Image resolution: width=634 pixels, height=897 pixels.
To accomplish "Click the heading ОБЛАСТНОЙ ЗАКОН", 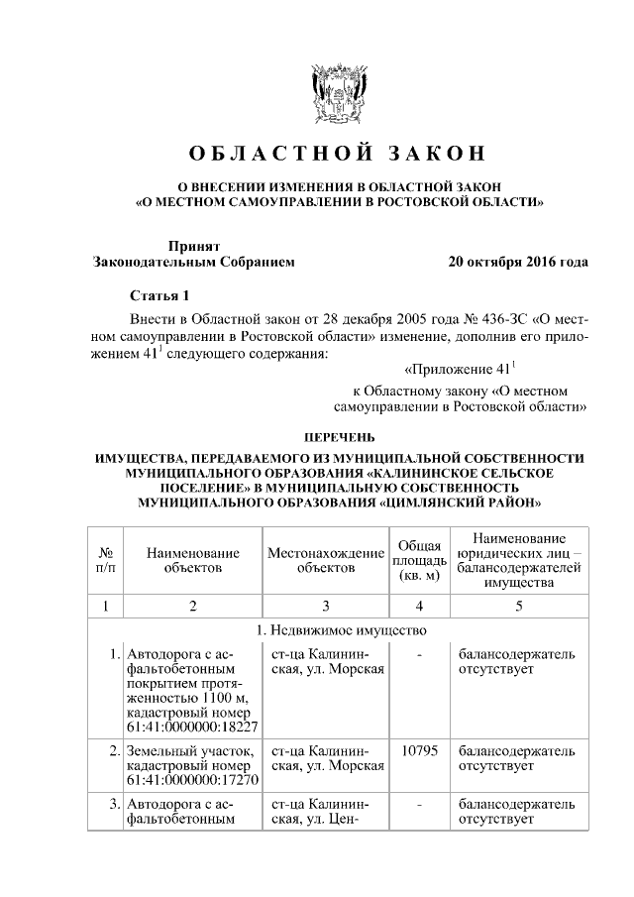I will [x=339, y=155].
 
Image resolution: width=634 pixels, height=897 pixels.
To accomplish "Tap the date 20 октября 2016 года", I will [x=518, y=263].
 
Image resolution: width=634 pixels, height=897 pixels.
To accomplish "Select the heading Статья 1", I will [x=158, y=296].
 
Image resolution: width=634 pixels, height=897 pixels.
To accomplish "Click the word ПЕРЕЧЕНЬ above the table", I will [x=339, y=436].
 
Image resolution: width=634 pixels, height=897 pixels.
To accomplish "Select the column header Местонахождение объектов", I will [x=325, y=560].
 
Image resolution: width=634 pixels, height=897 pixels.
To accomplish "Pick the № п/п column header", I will [x=105, y=560].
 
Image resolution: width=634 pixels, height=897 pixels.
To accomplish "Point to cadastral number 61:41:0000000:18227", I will [x=187, y=725].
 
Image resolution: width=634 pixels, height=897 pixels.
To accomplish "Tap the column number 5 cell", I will [x=518, y=605].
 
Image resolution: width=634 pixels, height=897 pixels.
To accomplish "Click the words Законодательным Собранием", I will [x=193, y=263].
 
